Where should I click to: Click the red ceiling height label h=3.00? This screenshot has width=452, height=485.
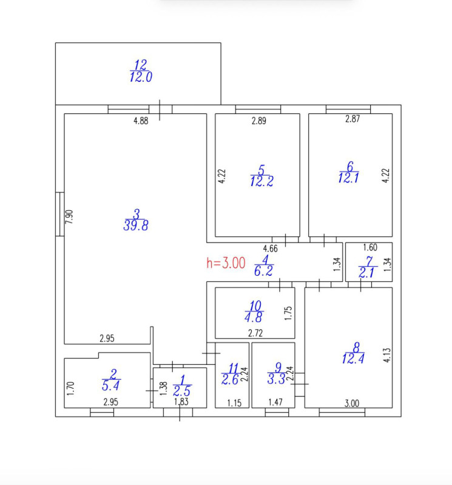point(226,263)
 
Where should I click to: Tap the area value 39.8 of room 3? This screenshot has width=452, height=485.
point(136,226)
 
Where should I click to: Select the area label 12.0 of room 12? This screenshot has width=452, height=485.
point(141,77)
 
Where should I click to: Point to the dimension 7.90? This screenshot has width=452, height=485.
point(69,217)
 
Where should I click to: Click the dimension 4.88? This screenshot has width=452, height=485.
point(141,121)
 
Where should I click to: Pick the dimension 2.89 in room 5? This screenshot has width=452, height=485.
point(259,121)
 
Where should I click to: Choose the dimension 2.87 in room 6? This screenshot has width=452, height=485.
point(352,119)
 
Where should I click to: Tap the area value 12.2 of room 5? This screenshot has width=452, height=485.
point(262,181)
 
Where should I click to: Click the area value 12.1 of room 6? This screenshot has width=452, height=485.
point(349,178)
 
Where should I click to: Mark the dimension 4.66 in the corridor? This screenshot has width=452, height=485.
point(270,249)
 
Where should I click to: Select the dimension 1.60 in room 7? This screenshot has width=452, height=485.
point(370,247)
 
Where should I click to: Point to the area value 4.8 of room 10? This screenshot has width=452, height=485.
point(254,318)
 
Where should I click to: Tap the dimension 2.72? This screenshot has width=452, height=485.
point(255,333)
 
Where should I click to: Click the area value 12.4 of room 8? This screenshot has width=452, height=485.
point(353,359)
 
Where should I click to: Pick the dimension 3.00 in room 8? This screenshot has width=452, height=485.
point(352,403)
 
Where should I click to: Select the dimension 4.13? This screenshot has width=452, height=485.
point(387,355)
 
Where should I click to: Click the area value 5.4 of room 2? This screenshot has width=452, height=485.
point(110,386)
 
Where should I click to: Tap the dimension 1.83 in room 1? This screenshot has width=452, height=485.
point(181,402)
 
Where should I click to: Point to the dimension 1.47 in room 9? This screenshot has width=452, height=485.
point(275,402)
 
